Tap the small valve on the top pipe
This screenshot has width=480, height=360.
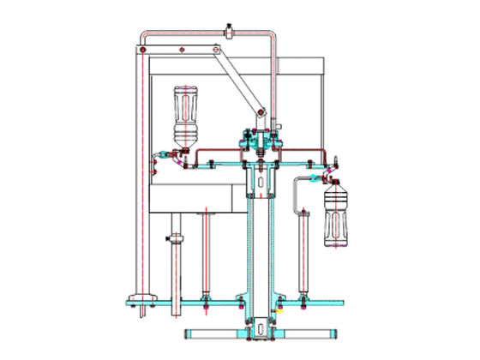tap(230, 33)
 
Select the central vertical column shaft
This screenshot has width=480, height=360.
tap(259, 249)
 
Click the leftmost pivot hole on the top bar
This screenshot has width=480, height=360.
tap(139, 51)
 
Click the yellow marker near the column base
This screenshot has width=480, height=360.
tap(277, 312)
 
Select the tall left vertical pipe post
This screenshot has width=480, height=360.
tap(138, 171)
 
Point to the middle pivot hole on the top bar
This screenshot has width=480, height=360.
tap(183, 51)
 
